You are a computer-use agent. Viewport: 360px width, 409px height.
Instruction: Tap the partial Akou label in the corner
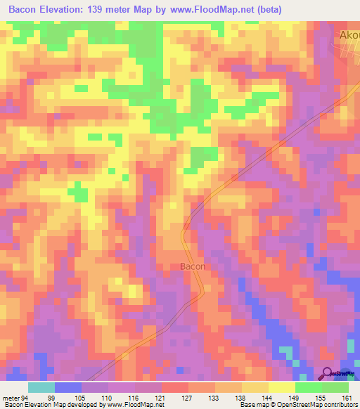349,34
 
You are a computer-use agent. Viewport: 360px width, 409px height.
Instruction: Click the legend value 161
347,398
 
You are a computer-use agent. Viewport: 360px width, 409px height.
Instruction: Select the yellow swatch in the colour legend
281,387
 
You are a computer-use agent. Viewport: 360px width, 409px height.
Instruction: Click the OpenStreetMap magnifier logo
328,375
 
